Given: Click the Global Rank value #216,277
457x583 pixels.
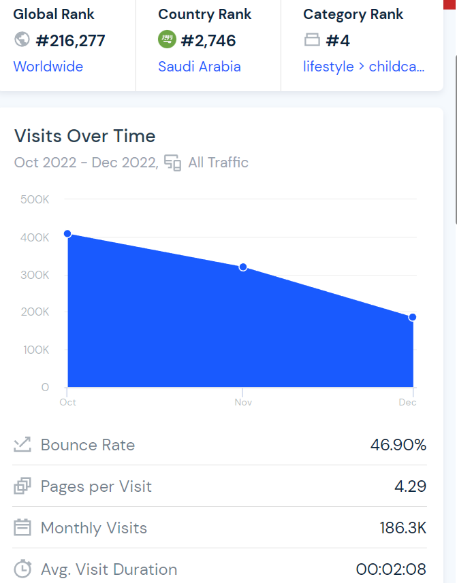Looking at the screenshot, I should click(70, 41).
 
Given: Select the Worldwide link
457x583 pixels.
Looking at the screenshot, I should click(48, 67).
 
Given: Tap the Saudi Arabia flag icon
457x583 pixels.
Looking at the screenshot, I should click(167, 40).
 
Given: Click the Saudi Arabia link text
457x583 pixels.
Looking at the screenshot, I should click(199, 67).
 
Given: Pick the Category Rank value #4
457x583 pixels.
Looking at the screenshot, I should click(337, 41).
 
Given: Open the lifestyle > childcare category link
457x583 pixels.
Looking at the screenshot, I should click(364, 67).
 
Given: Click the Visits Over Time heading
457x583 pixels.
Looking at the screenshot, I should click(84, 136).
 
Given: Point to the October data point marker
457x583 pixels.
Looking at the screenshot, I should click(67, 234).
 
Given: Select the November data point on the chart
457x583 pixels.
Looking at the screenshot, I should click(243, 267).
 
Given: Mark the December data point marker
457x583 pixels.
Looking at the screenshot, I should click(413, 317).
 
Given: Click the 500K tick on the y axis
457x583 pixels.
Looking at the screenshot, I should click(35, 199).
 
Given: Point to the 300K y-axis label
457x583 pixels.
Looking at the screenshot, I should click(35, 275).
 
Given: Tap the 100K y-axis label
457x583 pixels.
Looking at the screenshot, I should click(35, 350).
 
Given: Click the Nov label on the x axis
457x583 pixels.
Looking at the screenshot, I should click(243, 403).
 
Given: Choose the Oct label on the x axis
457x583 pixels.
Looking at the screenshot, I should click(67, 403).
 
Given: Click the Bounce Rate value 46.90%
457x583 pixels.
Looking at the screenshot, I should click(398, 445).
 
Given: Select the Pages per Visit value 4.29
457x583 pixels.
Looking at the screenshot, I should click(410, 486).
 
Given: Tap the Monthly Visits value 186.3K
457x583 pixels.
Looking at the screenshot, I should click(403, 528).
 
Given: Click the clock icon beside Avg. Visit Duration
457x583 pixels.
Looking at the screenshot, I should click(22, 569).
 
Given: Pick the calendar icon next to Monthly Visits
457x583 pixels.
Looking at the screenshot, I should click(22, 528).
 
